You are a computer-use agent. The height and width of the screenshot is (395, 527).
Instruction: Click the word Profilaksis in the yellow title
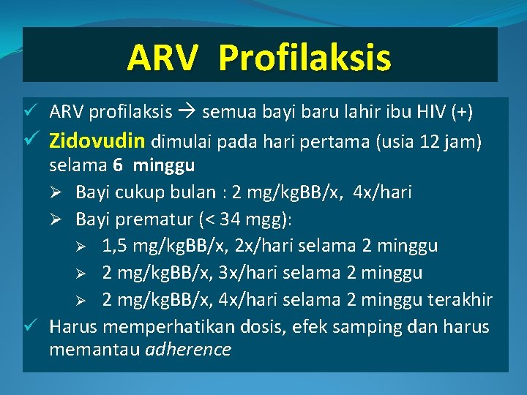click(x=304, y=58)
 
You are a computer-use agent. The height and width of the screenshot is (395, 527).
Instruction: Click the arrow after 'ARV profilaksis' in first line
click(x=187, y=112)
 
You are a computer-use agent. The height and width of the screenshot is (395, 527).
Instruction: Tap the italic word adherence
click(x=188, y=350)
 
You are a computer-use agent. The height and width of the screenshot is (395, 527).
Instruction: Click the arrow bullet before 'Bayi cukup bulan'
click(x=61, y=192)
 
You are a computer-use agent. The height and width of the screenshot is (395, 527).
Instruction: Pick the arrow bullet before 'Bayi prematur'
click(x=61, y=219)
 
